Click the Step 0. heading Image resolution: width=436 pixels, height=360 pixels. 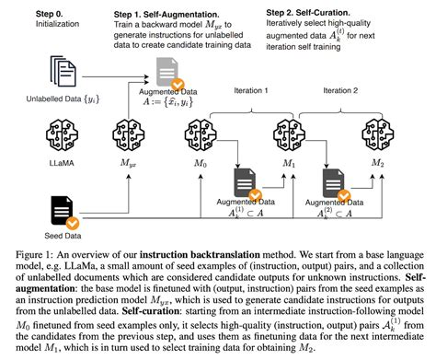click(49, 14)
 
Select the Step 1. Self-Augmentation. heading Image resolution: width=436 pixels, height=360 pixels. click(166, 15)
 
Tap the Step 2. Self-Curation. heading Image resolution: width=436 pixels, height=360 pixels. click(308, 13)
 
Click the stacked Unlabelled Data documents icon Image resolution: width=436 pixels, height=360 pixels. click(63, 71)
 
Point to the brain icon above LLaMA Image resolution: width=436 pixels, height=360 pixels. click(62, 135)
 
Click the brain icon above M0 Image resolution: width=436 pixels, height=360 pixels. click(201, 135)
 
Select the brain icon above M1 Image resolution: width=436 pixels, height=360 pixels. click(289, 135)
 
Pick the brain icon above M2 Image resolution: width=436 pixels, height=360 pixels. click(378, 135)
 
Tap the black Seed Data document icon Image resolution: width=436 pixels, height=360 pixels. click(63, 211)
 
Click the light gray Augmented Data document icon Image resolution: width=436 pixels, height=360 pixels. click(167, 72)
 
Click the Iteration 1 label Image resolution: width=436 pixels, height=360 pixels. click(251, 90)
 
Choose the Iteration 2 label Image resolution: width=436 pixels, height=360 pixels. click(340, 90)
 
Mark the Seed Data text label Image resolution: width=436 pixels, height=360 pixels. click(63, 236)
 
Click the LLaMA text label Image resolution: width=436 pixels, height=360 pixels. click(62, 163)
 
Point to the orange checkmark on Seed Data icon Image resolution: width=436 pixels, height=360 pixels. click(73, 224)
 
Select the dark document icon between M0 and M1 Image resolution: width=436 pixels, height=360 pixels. click(245, 182)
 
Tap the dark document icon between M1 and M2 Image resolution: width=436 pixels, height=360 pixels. click(334, 183)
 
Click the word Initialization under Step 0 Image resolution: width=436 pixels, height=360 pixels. click(57, 24)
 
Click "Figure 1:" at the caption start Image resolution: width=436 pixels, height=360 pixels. click(35, 255)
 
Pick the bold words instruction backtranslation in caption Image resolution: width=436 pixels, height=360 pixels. click(200, 255)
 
